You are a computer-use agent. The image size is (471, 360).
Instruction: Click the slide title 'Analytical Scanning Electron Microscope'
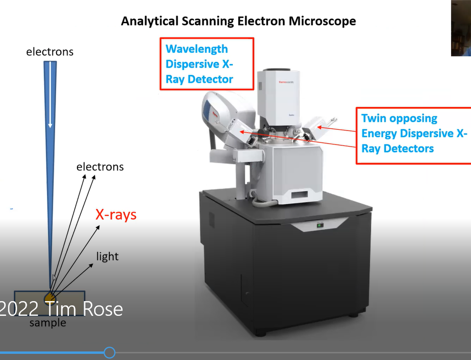pyautogui.click(x=238, y=21)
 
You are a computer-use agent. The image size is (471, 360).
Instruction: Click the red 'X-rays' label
pyautogui.click(x=116, y=215)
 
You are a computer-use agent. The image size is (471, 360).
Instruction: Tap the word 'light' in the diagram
pyautogui.click(x=107, y=256)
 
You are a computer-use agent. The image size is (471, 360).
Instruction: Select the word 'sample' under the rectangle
pyautogui.click(x=48, y=323)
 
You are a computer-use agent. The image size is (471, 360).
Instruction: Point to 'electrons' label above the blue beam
pyautogui.click(x=50, y=51)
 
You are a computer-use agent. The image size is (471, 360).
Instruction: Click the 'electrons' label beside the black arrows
pyautogui.click(x=100, y=167)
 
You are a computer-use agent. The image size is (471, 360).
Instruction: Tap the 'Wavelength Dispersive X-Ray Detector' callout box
pyautogui.click(x=206, y=64)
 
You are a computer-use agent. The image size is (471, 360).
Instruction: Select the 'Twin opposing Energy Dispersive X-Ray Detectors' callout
pyautogui.click(x=413, y=135)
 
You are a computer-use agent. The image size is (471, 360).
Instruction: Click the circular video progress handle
pyautogui.click(x=109, y=352)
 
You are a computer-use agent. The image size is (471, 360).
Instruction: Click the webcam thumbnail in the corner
pyautogui.click(x=461, y=28)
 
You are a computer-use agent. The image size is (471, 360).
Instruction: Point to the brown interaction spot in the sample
pyautogui.click(x=50, y=298)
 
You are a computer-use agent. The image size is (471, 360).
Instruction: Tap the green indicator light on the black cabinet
pyautogui.click(x=320, y=225)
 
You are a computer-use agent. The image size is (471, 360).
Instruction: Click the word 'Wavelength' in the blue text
pyautogui.click(x=196, y=49)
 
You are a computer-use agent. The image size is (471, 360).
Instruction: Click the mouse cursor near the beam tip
pyautogui.click(x=54, y=278)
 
